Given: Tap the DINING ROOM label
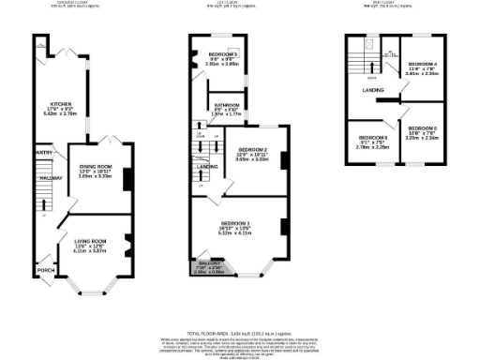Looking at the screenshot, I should click(95, 166).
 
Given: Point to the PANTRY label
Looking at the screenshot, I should click(43, 152).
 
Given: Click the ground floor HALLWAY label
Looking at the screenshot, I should click(50, 177).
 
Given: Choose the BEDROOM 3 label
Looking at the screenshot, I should click(223, 54).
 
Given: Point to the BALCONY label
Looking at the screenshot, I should click(210, 263).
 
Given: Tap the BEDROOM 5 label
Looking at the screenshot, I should click(422, 127).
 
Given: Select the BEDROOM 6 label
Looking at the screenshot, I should click(372, 138).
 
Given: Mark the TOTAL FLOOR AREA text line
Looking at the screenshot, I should click(239, 333).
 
